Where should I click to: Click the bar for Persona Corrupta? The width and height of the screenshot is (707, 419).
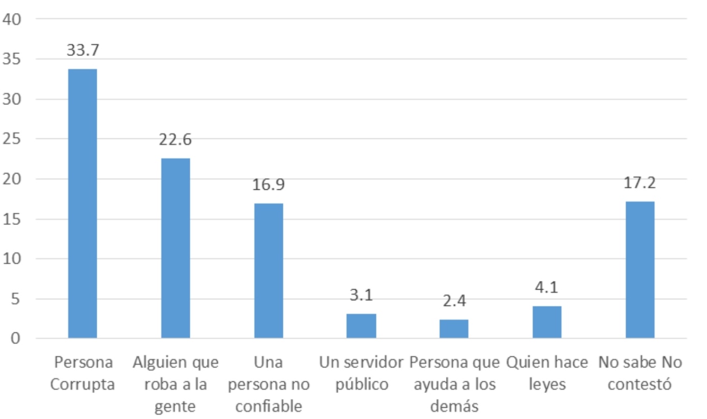[x=82, y=204]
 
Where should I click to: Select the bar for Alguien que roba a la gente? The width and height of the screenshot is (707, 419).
[x=175, y=248]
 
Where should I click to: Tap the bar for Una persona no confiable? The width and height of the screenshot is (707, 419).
[x=269, y=271]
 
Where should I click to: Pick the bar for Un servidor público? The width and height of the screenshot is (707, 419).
[x=361, y=326]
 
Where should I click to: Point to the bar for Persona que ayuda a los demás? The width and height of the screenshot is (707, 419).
[x=454, y=329]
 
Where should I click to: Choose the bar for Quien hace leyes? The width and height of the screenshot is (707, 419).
[x=547, y=322]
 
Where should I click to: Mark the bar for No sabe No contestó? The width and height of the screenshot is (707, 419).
[x=640, y=270]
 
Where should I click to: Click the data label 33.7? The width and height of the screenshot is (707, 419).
[x=82, y=50]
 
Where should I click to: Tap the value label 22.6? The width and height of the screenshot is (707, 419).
[x=175, y=139]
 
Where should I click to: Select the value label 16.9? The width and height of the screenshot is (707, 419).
[x=269, y=185]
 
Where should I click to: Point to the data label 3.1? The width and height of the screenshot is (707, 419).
[x=361, y=295]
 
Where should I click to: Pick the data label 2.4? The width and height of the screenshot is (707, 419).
[x=454, y=301]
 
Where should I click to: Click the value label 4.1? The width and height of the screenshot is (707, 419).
[x=547, y=288]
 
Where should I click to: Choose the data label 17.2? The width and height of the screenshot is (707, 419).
[x=640, y=183]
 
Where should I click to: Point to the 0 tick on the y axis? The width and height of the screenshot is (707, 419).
[x=15, y=339]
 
